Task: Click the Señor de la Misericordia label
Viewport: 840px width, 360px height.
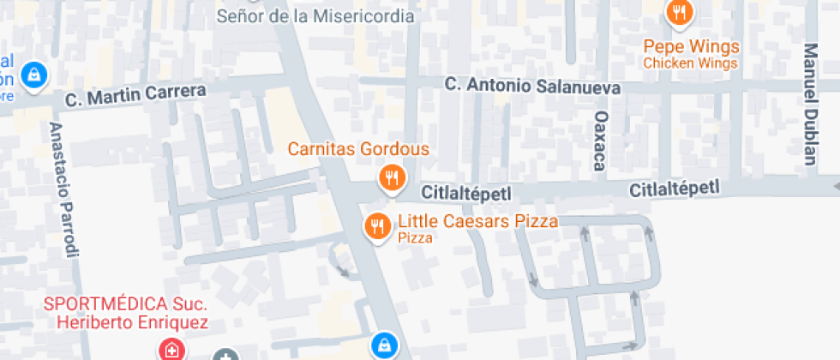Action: tap(315, 16)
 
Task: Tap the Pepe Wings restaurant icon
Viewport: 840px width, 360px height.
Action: tap(680, 12)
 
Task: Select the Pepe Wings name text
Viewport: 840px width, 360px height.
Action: tap(691, 46)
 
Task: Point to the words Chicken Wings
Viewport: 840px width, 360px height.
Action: tap(690, 63)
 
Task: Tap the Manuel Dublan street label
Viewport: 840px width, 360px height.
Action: tap(810, 103)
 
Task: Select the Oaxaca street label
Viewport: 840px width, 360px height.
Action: tap(601, 140)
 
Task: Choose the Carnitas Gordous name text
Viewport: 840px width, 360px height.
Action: tap(358, 150)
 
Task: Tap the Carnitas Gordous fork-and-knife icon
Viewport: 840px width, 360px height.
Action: tap(391, 177)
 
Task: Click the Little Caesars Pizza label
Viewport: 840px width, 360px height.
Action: tap(477, 222)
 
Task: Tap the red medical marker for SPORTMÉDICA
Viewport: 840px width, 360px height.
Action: tap(171, 350)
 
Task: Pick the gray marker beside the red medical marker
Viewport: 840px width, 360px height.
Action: tap(225, 355)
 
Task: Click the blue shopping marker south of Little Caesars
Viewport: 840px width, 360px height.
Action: tap(383, 345)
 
